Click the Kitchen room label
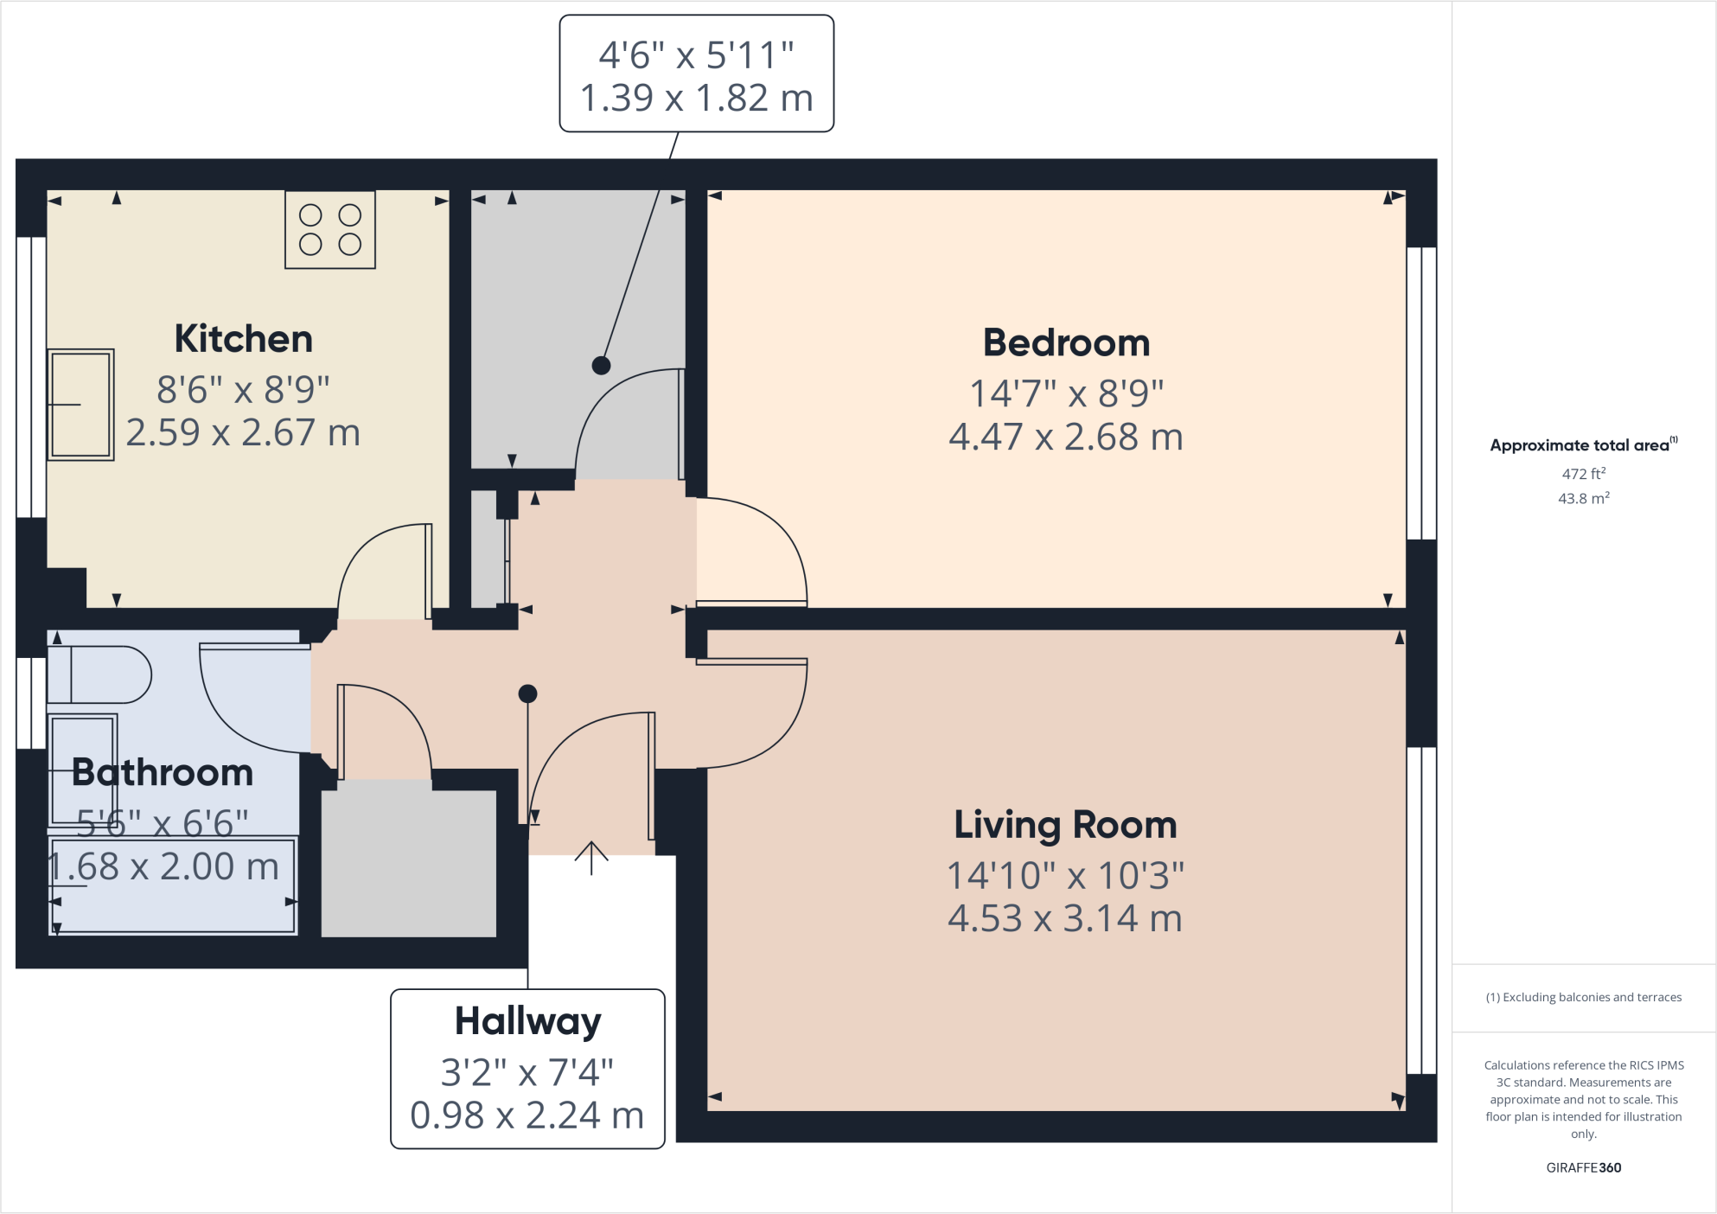[244, 339]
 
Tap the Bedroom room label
[1066, 343]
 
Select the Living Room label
[1065, 825]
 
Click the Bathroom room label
[163, 772]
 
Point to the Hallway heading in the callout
[527, 1022]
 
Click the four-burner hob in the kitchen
[330, 230]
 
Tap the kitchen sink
[80, 405]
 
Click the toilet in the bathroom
[99, 674]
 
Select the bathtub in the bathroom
[173, 885]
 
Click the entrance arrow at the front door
[591, 858]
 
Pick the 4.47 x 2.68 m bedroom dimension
[1066, 438]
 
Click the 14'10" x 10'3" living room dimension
[1065, 876]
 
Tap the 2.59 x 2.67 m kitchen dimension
[243, 432]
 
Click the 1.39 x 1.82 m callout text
[697, 99]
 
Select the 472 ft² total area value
[1584, 474]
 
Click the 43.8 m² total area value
[1584, 498]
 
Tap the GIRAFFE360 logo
[1584, 1167]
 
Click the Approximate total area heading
[1583, 444]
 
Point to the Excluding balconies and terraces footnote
[1584, 997]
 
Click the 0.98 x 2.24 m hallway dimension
[527, 1115]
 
